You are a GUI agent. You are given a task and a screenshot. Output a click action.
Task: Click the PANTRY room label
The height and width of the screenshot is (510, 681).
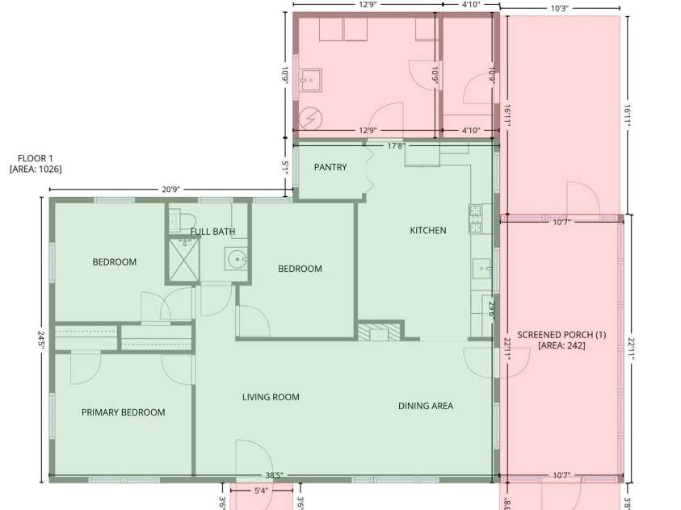click(x=330, y=167)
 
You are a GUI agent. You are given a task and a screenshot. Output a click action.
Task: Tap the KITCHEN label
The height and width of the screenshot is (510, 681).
click(x=428, y=230)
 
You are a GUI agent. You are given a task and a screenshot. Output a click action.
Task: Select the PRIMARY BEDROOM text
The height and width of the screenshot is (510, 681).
click(x=124, y=412)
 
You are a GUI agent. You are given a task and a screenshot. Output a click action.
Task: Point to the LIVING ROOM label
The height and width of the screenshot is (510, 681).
click(x=271, y=397)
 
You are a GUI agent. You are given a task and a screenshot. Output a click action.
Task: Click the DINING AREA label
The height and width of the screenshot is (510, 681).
click(x=426, y=406)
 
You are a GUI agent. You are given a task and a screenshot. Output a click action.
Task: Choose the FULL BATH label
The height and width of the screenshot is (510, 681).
click(x=212, y=232)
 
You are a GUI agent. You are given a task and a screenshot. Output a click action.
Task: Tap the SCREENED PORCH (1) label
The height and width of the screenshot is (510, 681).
click(x=561, y=335)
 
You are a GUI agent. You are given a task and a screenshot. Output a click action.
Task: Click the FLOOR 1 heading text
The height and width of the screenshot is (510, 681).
click(x=36, y=158)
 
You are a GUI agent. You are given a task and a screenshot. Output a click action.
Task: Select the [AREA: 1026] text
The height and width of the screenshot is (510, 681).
click(x=36, y=169)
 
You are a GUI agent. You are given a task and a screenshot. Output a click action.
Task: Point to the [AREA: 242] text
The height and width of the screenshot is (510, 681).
click(x=561, y=345)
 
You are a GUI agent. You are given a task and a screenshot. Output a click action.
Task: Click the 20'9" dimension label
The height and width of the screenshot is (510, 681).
click(x=170, y=190)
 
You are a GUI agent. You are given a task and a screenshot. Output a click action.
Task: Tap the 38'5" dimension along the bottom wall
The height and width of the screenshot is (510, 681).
click(x=274, y=475)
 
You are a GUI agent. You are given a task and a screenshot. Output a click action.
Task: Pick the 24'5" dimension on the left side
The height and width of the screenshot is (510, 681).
click(x=41, y=341)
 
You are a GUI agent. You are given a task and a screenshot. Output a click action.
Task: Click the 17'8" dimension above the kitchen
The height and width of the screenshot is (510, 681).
click(x=396, y=146)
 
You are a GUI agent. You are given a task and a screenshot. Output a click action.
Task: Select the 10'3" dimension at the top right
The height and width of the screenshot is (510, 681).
click(x=559, y=8)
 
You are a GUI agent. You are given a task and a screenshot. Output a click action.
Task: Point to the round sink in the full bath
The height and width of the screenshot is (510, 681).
click(x=236, y=259)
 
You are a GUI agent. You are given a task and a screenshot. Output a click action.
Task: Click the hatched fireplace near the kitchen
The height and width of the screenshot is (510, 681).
click(x=379, y=332)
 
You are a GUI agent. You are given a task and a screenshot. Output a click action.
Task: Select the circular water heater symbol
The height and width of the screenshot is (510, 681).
click(x=310, y=118)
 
